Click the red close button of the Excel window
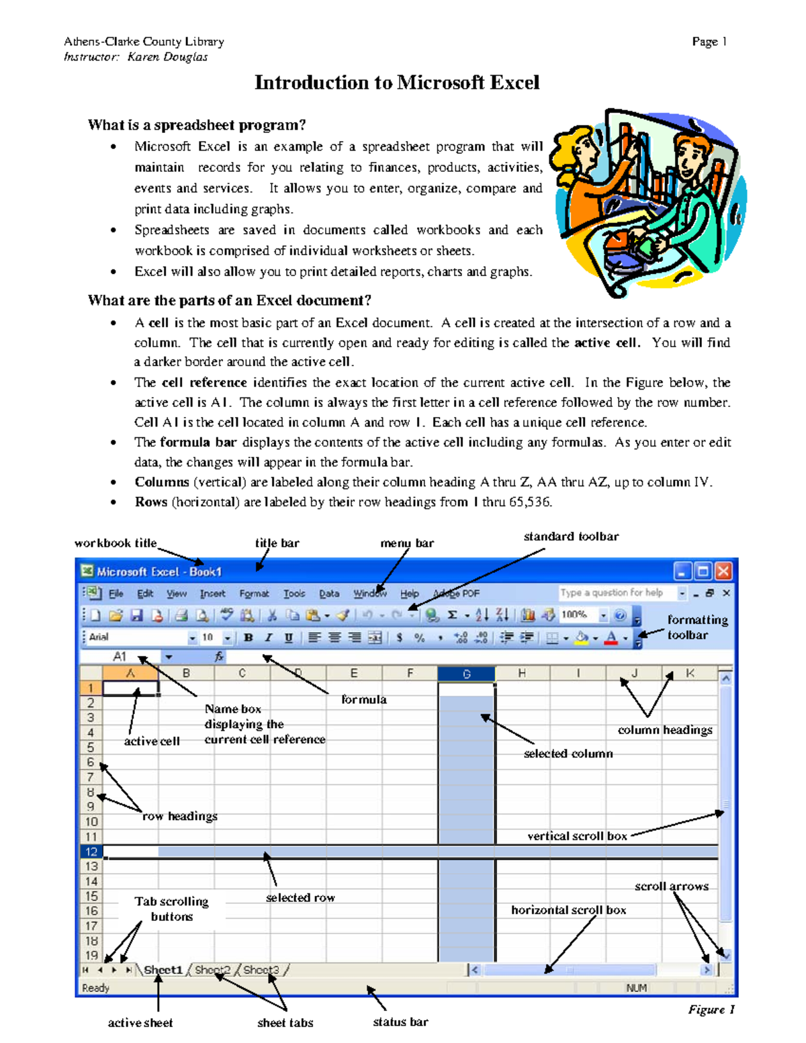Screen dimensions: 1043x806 pos(723,572)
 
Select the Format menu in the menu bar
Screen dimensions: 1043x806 pos(254,594)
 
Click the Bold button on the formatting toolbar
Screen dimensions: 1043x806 pos(249,637)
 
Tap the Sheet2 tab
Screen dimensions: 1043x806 pos(212,970)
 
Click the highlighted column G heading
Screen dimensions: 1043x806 pos(466,674)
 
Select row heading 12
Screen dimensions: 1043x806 pos(91,852)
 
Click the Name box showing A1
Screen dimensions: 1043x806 pos(121,657)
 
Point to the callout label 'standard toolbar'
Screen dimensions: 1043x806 pos(571,537)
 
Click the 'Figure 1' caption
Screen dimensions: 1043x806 pos(711,1009)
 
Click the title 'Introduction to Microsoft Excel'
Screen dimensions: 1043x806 pos(397,83)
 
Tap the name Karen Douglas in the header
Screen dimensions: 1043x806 pos(167,57)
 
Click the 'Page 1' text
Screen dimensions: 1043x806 pos(709,42)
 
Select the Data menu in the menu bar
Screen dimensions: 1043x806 pos(329,594)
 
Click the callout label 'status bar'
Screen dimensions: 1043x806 pos(400,1022)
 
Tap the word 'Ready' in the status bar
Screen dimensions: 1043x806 pos(95,988)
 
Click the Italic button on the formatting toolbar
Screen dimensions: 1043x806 pos(269,637)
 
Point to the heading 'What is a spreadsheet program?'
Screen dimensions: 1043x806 pos(197,126)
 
